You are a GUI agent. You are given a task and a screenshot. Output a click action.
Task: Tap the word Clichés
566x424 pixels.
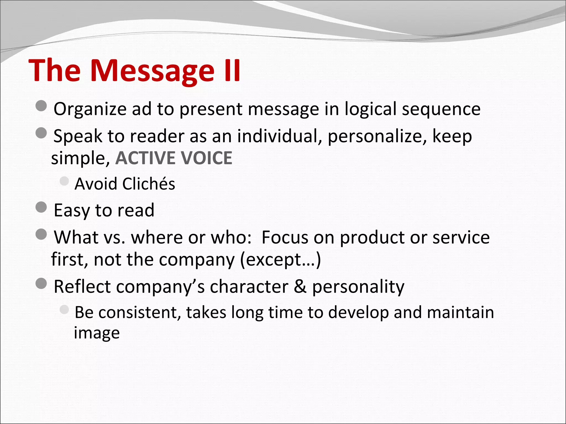click(x=149, y=184)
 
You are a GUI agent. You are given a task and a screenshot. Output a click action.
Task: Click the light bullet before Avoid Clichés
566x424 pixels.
click(x=64, y=181)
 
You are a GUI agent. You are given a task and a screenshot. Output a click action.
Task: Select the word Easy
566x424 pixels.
click(x=72, y=211)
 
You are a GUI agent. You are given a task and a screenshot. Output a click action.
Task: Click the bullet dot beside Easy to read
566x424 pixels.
click(x=41, y=207)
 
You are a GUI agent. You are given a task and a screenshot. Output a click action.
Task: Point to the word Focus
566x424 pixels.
click(x=285, y=237)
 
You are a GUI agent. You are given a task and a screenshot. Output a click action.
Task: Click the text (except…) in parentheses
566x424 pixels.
click(x=281, y=260)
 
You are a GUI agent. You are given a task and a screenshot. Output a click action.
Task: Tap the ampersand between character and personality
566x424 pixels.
click(x=300, y=287)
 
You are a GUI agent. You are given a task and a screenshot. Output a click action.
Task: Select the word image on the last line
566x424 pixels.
click(x=97, y=333)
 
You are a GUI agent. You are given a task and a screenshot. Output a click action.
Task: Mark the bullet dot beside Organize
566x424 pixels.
click(x=41, y=106)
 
